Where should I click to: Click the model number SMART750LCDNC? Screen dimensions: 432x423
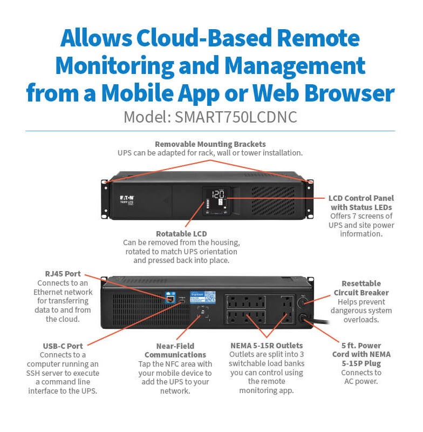(x=236, y=117)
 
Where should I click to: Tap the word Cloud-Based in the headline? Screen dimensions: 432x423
(x=199, y=39)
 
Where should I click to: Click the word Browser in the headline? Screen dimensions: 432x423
(x=345, y=93)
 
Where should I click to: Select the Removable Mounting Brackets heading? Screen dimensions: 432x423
(x=210, y=144)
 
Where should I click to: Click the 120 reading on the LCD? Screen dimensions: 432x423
(x=218, y=194)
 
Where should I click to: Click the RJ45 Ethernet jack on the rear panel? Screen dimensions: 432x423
(x=170, y=298)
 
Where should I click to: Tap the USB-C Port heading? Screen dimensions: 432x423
(x=63, y=346)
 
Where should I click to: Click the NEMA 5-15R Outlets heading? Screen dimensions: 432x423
(x=266, y=345)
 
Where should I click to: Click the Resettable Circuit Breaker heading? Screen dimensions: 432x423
(x=361, y=288)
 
